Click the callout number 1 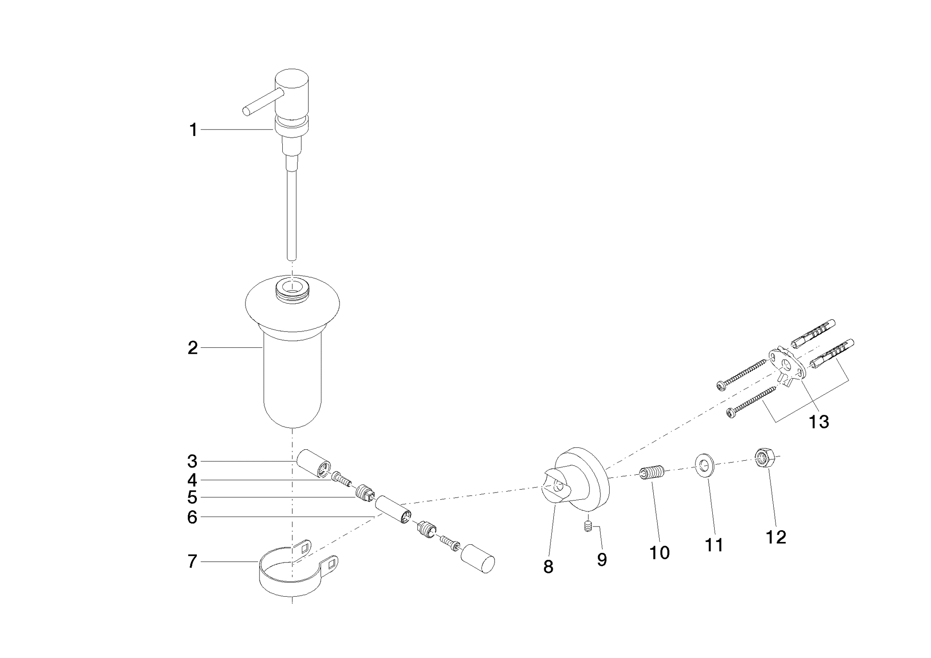click(193, 130)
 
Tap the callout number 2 click(193, 348)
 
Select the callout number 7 click(193, 562)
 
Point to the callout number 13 click(819, 422)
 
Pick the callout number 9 click(602, 560)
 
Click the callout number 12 click(776, 537)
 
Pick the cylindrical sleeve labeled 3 click(314, 463)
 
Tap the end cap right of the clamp click(478, 558)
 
